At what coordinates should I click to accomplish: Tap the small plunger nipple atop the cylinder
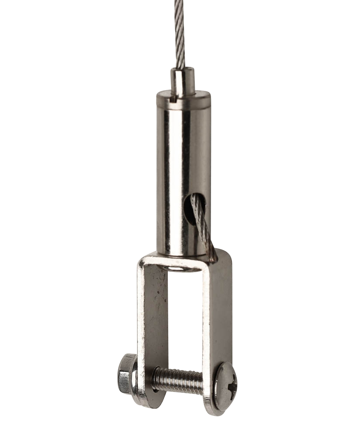coord(183,81)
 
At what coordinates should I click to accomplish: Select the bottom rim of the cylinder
coord(183,253)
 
